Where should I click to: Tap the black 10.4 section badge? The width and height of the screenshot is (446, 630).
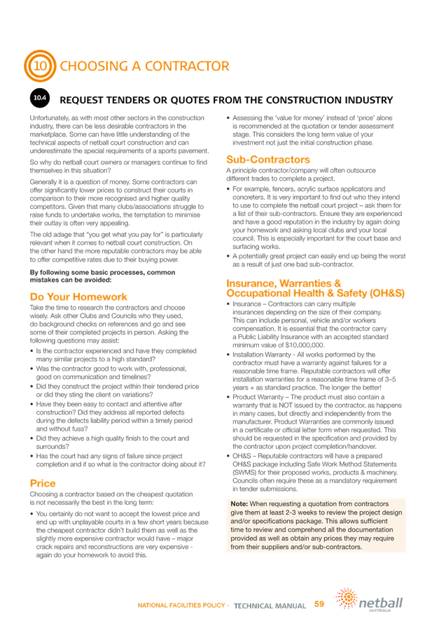[x=40, y=98]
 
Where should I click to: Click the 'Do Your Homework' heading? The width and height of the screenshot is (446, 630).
[x=69, y=296]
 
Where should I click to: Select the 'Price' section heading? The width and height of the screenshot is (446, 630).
[x=43, y=483]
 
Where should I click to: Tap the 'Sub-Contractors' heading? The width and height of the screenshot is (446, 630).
[x=268, y=159]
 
